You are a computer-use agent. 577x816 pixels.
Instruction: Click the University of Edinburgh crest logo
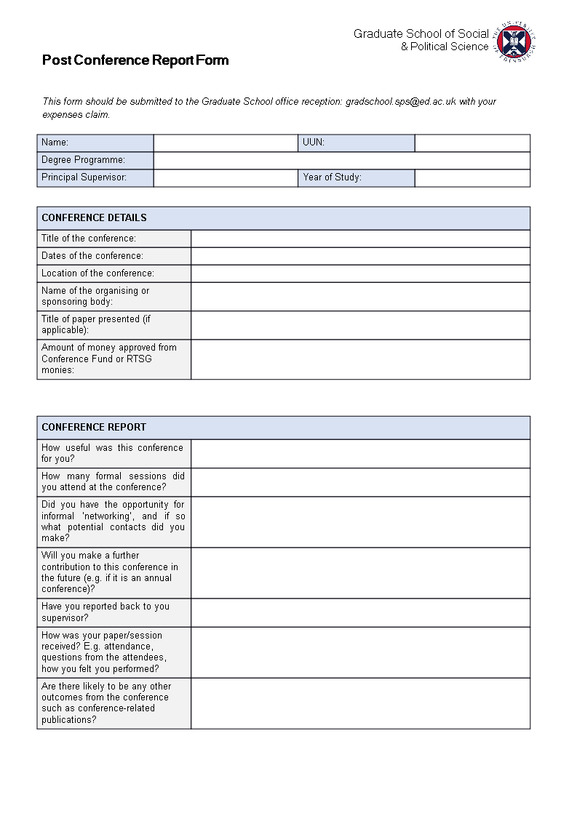click(x=516, y=41)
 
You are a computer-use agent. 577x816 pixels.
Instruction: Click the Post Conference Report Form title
click(x=135, y=60)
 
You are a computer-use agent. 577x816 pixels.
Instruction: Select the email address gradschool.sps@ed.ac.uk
click(x=400, y=102)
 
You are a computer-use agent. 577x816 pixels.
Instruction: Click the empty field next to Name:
click(x=226, y=143)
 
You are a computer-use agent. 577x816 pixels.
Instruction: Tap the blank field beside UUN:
click(x=472, y=143)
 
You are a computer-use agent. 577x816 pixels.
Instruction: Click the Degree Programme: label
click(x=83, y=160)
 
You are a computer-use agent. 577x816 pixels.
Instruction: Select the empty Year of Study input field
click(x=472, y=177)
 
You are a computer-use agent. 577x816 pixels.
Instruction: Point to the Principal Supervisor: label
click(x=84, y=177)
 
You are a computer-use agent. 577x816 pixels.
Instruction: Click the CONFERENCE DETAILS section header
click(x=94, y=217)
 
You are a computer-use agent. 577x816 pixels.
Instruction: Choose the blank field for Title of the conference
click(x=360, y=239)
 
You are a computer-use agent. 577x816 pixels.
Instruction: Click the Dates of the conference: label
click(x=92, y=256)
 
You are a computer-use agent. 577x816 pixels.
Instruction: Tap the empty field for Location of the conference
click(x=360, y=273)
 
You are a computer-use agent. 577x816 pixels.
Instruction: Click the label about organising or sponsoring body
click(x=95, y=296)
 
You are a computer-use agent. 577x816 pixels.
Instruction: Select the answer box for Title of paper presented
click(x=360, y=324)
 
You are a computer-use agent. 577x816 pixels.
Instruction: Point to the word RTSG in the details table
click(x=139, y=359)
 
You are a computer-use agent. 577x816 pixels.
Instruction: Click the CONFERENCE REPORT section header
click(x=94, y=427)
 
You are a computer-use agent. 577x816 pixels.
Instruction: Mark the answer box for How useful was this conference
click(x=360, y=453)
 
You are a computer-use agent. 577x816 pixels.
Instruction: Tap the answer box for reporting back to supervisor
click(x=360, y=612)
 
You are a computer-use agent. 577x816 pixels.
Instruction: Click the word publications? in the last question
click(x=69, y=720)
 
